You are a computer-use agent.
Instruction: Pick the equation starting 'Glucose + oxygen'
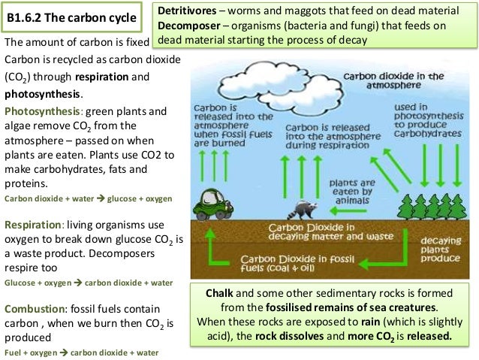[88, 283]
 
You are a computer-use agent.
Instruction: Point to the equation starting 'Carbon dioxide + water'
[88, 198]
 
